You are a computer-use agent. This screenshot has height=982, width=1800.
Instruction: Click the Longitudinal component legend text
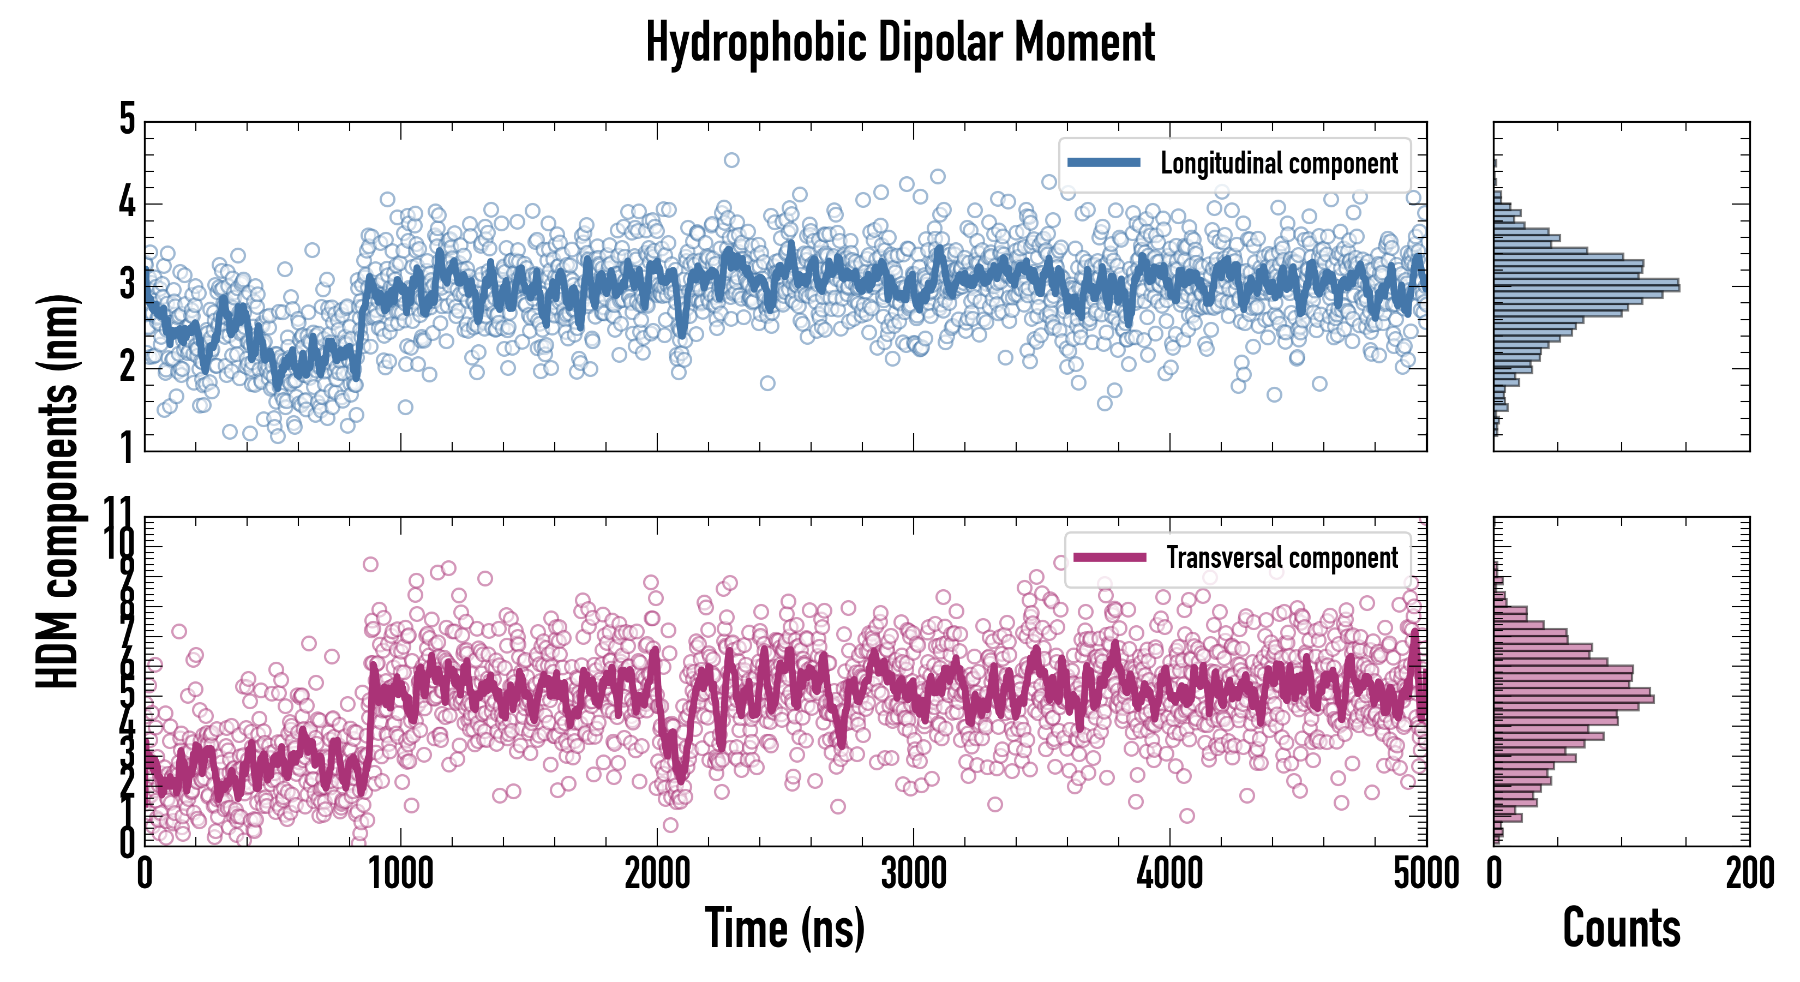[x=1279, y=164]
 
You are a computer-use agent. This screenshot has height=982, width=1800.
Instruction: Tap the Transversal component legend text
[x=1282, y=558]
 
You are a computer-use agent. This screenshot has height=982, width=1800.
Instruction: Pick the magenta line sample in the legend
[x=1109, y=557]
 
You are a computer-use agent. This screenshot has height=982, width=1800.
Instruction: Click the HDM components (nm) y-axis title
[x=57, y=489]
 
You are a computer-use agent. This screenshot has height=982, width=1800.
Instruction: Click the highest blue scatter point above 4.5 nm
[x=731, y=160]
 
